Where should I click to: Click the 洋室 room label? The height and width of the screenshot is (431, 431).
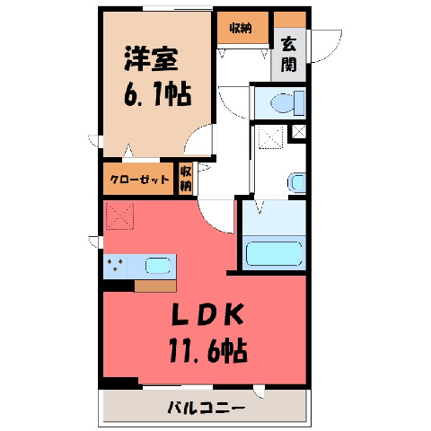(x=151, y=58)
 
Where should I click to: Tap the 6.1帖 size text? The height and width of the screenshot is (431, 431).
(x=158, y=93)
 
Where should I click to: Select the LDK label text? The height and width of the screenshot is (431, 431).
(x=207, y=314)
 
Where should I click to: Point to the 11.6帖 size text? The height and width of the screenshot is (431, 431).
(x=208, y=350)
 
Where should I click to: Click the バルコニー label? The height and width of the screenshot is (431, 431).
(x=207, y=408)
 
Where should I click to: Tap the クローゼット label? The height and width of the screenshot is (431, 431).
(x=140, y=180)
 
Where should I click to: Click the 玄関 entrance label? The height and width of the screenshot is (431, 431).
(x=288, y=56)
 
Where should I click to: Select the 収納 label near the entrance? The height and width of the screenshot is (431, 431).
(x=241, y=28)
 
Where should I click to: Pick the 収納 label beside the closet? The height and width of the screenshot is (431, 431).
(x=186, y=179)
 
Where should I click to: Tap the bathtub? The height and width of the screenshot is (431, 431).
(x=274, y=253)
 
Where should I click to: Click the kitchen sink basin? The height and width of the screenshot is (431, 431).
(x=158, y=266)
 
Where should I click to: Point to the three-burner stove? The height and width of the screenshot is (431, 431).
(x=115, y=265)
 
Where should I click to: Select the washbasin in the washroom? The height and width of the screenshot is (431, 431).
(x=297, y=182)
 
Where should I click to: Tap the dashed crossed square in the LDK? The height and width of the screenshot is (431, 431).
(x=119, y=216)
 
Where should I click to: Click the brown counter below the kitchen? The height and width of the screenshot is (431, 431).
(x=155, y=286)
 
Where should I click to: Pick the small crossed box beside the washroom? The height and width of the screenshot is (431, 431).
(x=299, y=132)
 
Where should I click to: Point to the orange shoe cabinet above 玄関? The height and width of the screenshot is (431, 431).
(x=290, y=20)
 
